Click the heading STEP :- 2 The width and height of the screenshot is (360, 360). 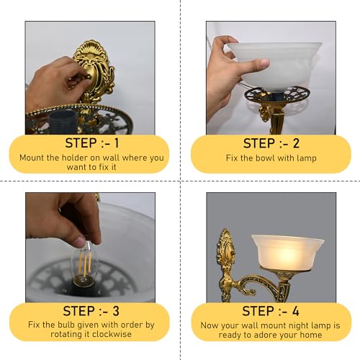270,143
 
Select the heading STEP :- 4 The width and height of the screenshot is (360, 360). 270,311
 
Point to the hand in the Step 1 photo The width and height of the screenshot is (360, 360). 61,79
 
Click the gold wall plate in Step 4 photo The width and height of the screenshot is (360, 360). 225,259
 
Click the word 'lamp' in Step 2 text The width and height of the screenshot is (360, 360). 304,158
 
